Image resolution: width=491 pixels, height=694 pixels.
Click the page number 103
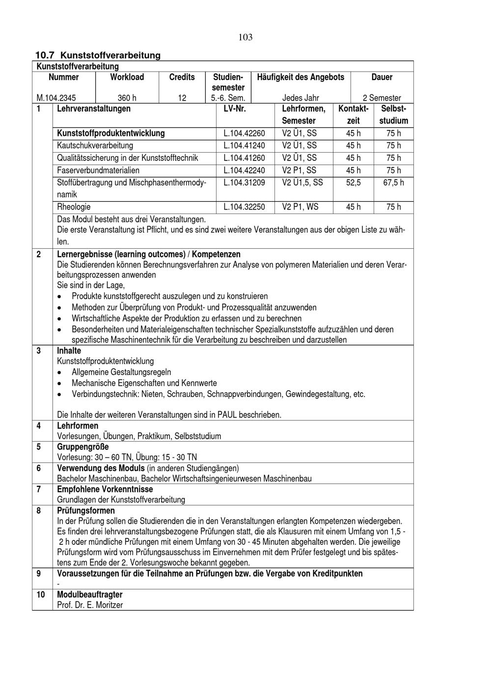245,37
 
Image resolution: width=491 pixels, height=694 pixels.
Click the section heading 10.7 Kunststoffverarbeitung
98,55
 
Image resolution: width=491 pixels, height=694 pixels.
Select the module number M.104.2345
56,98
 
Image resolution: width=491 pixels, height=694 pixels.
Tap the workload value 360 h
127,98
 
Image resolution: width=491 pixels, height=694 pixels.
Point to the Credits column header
182,77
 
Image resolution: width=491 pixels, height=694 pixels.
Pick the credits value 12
182,98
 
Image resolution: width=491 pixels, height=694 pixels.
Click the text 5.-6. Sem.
228,98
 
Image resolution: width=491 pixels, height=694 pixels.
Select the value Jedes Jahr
300,98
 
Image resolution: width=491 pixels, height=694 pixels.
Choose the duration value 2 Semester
382,98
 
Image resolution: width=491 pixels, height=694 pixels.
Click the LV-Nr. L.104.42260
244,133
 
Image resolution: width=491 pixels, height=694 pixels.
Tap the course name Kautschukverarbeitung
95,146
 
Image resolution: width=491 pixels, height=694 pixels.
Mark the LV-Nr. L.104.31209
244,183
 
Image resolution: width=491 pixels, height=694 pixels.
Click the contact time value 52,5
353,183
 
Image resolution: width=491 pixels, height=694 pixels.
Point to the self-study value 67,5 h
393,183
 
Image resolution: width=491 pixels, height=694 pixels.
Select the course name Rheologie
74,207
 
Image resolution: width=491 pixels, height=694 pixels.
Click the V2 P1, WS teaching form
300,207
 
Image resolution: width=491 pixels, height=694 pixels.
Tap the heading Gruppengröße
83,447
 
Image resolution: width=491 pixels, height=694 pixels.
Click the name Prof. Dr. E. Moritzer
90,605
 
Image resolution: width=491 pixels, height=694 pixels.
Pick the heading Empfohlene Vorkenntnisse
105,489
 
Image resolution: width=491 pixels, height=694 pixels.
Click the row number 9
39,573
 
